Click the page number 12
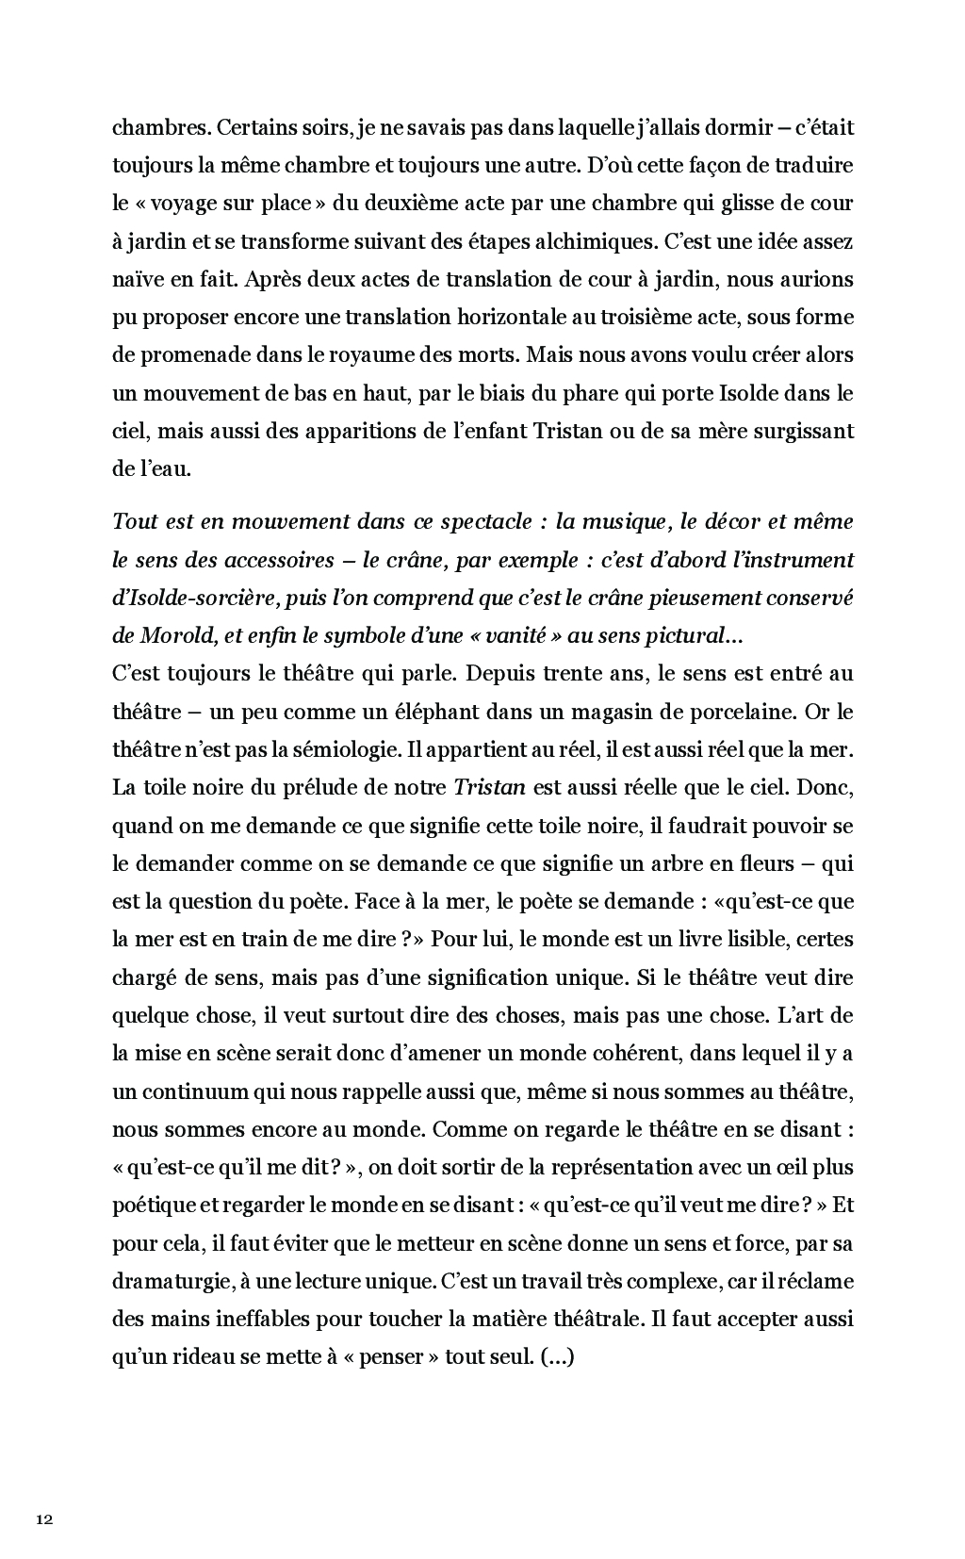tap(43, 1518)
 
